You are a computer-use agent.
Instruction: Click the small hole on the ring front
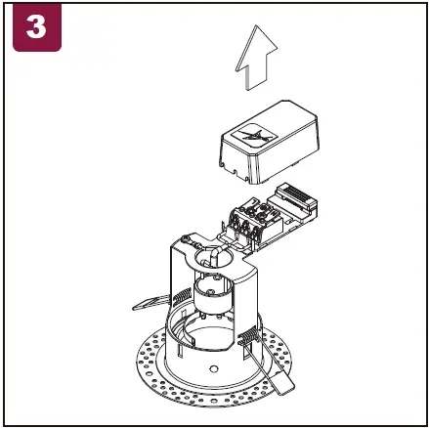(213, 369)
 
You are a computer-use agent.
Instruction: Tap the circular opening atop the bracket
(209, 258)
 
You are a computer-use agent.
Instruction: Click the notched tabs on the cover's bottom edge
(239, 174)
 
